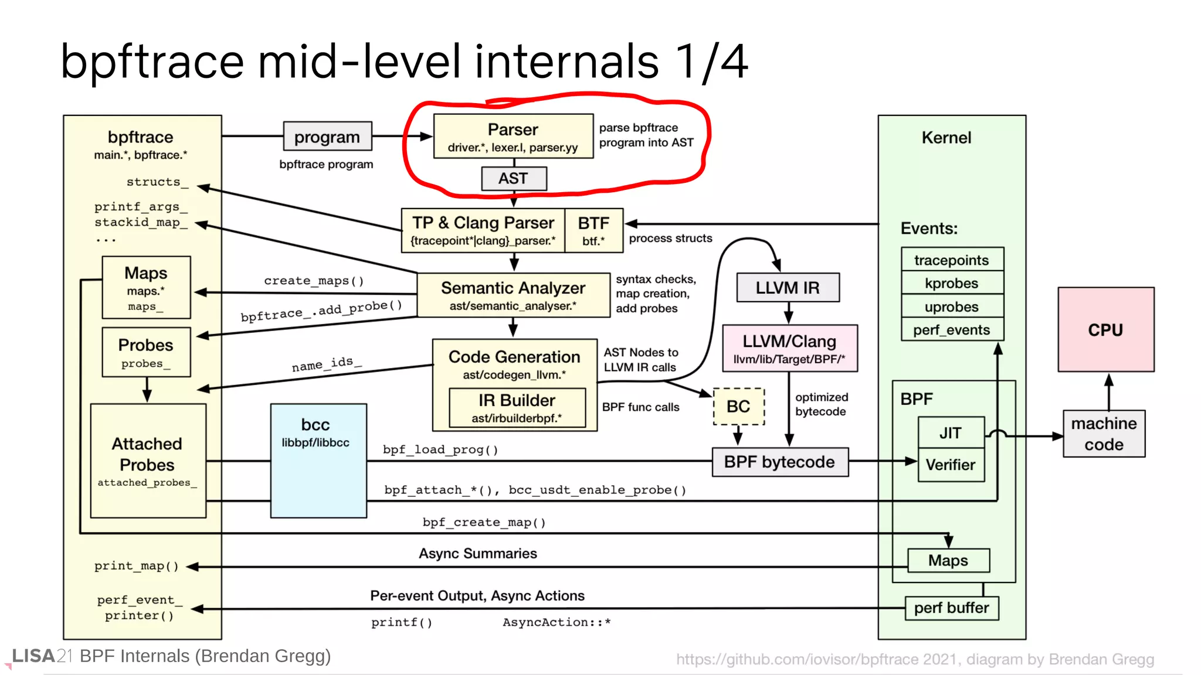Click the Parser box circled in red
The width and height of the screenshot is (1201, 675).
(x=513, y=136)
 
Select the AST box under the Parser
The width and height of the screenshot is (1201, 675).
(x=514, y=179)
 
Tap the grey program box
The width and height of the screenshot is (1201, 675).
(x=327, y=137)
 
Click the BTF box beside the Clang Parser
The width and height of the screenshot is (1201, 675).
(x=593, y=230)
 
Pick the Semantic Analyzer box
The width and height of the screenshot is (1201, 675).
(x=513, y=295)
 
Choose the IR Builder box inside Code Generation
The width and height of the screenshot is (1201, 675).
(x=517, y=408)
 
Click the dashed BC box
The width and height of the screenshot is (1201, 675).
(x=738, y=406)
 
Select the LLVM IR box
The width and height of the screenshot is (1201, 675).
(x=788, y=288)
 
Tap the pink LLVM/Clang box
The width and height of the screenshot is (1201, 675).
(x=789, y=349)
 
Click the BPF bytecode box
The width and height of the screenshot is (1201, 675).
(x=779, y=462)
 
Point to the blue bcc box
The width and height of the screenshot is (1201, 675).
(x=318, y=460)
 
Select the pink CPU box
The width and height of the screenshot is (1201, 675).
(x=1105, y=330)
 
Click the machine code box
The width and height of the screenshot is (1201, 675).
(x=1104, y=434)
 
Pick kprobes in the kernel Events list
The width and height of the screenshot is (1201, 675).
(x=952, y=283)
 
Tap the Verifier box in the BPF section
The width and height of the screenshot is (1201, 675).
(x=951, y=465)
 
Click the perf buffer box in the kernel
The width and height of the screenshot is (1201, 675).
(x=951, y=608)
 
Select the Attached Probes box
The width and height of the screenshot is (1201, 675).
(x=148, y=461)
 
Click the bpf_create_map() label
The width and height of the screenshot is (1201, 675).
(x=484, y=522)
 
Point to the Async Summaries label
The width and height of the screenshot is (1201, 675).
(x=477, y=554)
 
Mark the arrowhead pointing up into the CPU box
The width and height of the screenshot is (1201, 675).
(x=1108, y=380)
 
